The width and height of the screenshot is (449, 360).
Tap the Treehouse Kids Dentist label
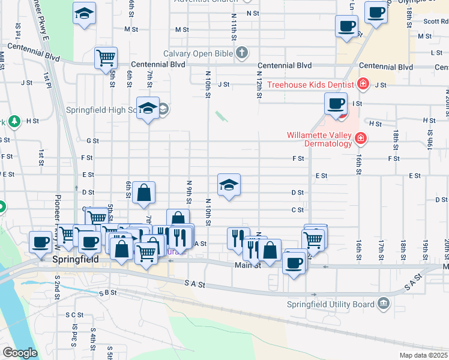[x=312, y=85]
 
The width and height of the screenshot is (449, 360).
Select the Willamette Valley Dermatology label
[x=319, y=139]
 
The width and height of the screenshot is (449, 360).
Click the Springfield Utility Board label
[x=331, y=304]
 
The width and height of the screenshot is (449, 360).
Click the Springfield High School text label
[x=100, y=110]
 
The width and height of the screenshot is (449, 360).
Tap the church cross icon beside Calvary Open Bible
[x=242, y=53]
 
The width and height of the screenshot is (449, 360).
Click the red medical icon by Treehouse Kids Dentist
[x=363, y=84]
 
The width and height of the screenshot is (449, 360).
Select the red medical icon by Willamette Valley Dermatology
[x=360, y=139]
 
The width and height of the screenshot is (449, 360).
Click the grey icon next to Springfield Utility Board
[x=383, y=304]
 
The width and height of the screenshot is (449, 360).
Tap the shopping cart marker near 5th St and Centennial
[x=106, y=58]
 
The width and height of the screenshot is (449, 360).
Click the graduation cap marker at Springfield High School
[x=148, y=108]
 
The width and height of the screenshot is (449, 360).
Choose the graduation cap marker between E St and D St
[x=229, y=185]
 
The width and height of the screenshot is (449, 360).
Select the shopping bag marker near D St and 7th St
[x=144, y=193]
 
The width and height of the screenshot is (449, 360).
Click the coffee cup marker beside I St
[x=336, y=103]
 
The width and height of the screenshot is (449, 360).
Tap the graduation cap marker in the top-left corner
[x=84, y=13]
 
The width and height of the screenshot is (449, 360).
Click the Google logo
[x=20, y=353]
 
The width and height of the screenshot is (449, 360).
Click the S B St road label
[x=108, y=293]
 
